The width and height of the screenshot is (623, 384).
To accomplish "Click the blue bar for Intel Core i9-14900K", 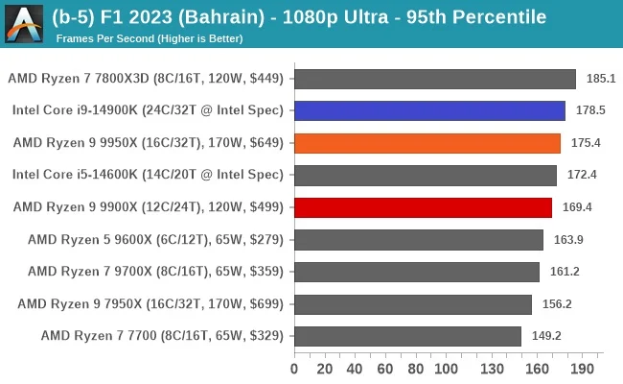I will [429, 111].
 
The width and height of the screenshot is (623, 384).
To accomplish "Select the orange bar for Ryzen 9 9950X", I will [427, 143].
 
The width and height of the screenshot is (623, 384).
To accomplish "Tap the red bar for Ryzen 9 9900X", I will [423, 207].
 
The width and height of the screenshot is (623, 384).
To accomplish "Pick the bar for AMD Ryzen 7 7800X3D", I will [435, 79].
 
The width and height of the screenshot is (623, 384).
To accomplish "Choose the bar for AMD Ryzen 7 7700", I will [407, 336].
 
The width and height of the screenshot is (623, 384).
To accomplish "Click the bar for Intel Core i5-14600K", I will [426, 176].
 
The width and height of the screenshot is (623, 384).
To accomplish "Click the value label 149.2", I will [547, 336].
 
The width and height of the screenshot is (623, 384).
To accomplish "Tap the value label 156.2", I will [558, 304].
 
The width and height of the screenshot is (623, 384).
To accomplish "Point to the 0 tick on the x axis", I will [294, 368].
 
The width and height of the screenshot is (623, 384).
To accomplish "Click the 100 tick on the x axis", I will [446, 368].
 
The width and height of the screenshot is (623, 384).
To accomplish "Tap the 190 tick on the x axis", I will [582, 368].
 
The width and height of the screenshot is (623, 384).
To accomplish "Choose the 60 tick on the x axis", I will [385, 368].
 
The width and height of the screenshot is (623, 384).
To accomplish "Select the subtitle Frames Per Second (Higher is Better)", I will [149, 38].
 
